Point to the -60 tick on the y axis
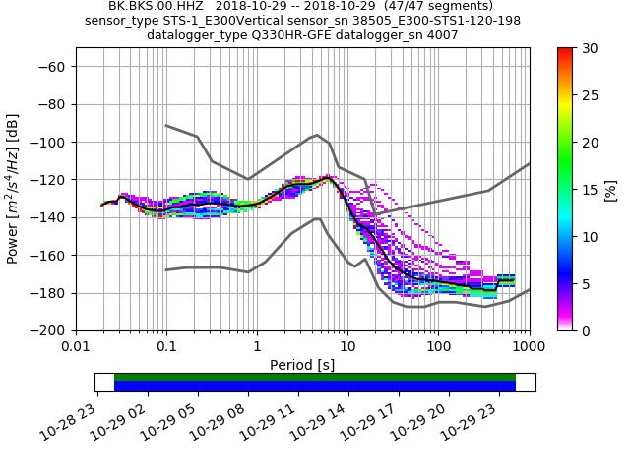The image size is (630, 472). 57,67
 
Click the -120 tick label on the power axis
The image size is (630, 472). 53,180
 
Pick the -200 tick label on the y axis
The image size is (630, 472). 53,331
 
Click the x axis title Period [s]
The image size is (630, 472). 302,365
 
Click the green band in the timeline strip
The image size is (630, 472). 315,377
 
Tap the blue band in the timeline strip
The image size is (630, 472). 315,386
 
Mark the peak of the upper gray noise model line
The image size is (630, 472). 317,135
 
